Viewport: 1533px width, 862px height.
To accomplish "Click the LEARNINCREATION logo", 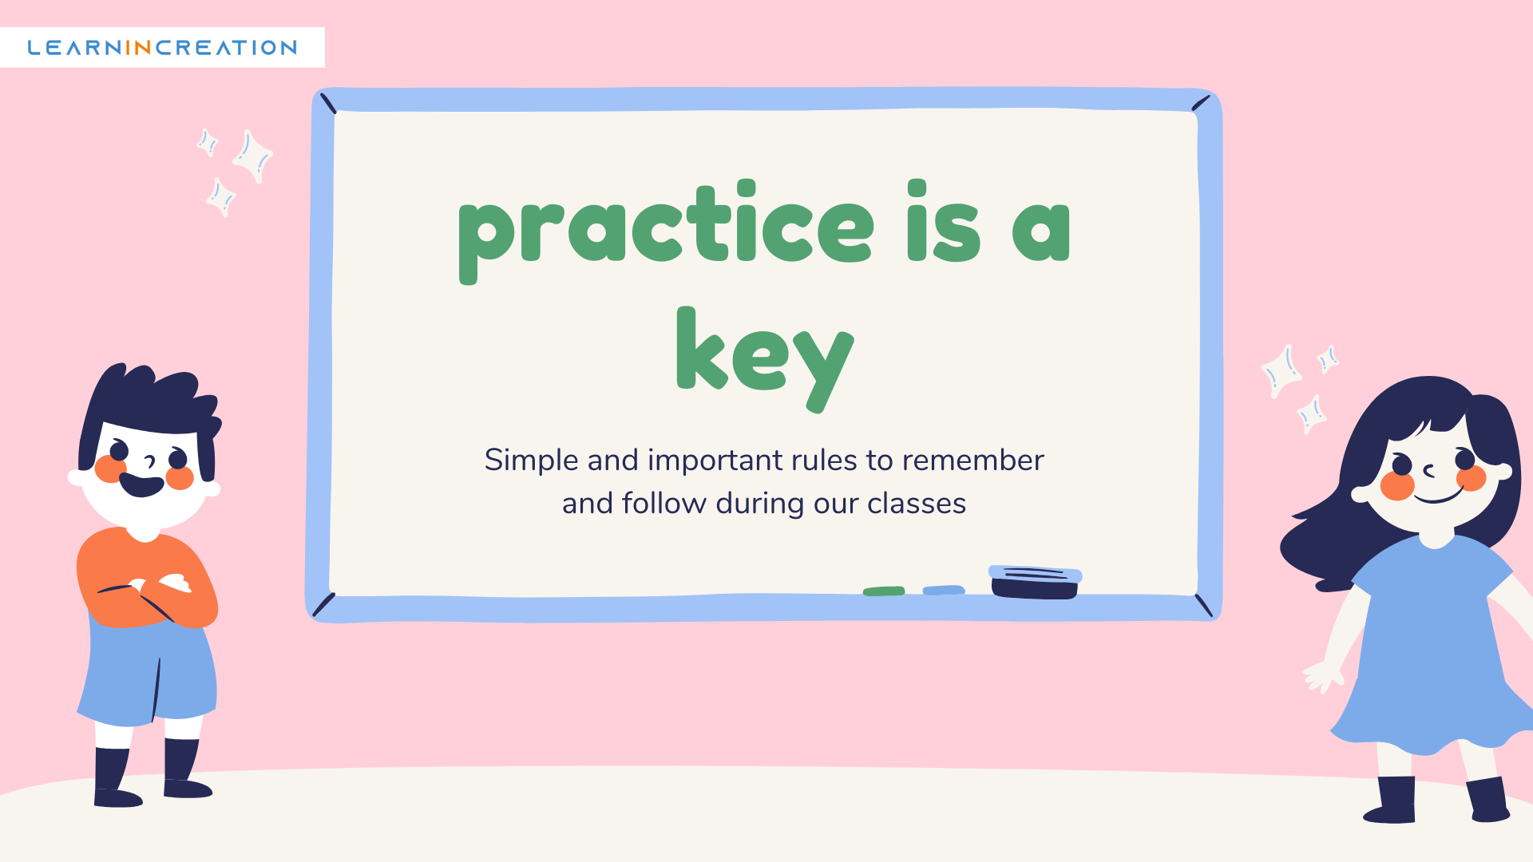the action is pos(162,48).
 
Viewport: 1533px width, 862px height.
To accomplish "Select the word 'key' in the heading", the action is pos(765,359).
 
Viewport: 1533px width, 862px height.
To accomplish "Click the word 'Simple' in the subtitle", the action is pos(531,461).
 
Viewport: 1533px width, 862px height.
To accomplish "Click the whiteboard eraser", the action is pos(1035,582).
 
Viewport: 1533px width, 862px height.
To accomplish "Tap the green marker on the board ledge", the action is pos(884,591).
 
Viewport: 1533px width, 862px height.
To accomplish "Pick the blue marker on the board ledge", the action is pos(944,591).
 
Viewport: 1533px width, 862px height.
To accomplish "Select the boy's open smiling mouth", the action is pos(141,484).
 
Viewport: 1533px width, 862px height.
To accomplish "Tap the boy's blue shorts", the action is pos(148,670).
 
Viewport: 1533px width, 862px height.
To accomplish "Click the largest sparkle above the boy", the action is pos(253,156).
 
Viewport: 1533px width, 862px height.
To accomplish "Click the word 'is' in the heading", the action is pos(944,221).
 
